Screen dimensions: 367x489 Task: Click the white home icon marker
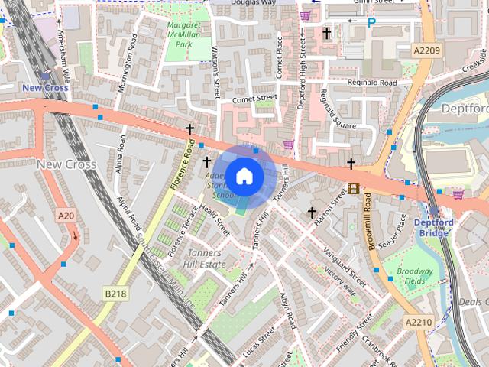pos(244,176)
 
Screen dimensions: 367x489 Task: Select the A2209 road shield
pos(428,50)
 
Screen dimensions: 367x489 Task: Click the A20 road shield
pos(66,216)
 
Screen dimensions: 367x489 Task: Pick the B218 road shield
pos(115,294)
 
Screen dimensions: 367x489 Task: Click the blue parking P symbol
pos(371,23)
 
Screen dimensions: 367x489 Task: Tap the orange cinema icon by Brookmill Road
pos(353,188)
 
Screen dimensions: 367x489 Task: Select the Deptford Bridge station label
pos(434,228)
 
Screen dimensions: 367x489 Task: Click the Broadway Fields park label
pos(415,276)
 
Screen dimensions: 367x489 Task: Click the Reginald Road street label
pos(372,83)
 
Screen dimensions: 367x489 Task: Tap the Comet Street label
pos(254,98)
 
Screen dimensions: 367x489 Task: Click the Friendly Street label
pos(354,330)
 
